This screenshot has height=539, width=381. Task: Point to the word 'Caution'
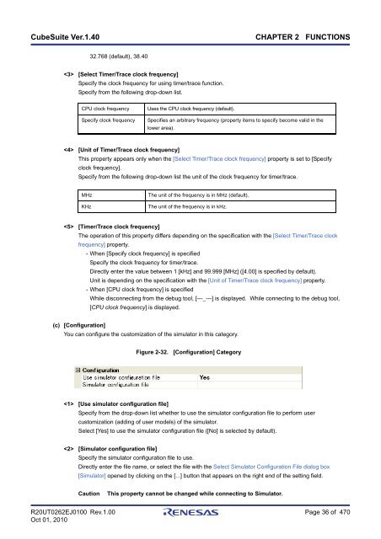click(x=89, y=491)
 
